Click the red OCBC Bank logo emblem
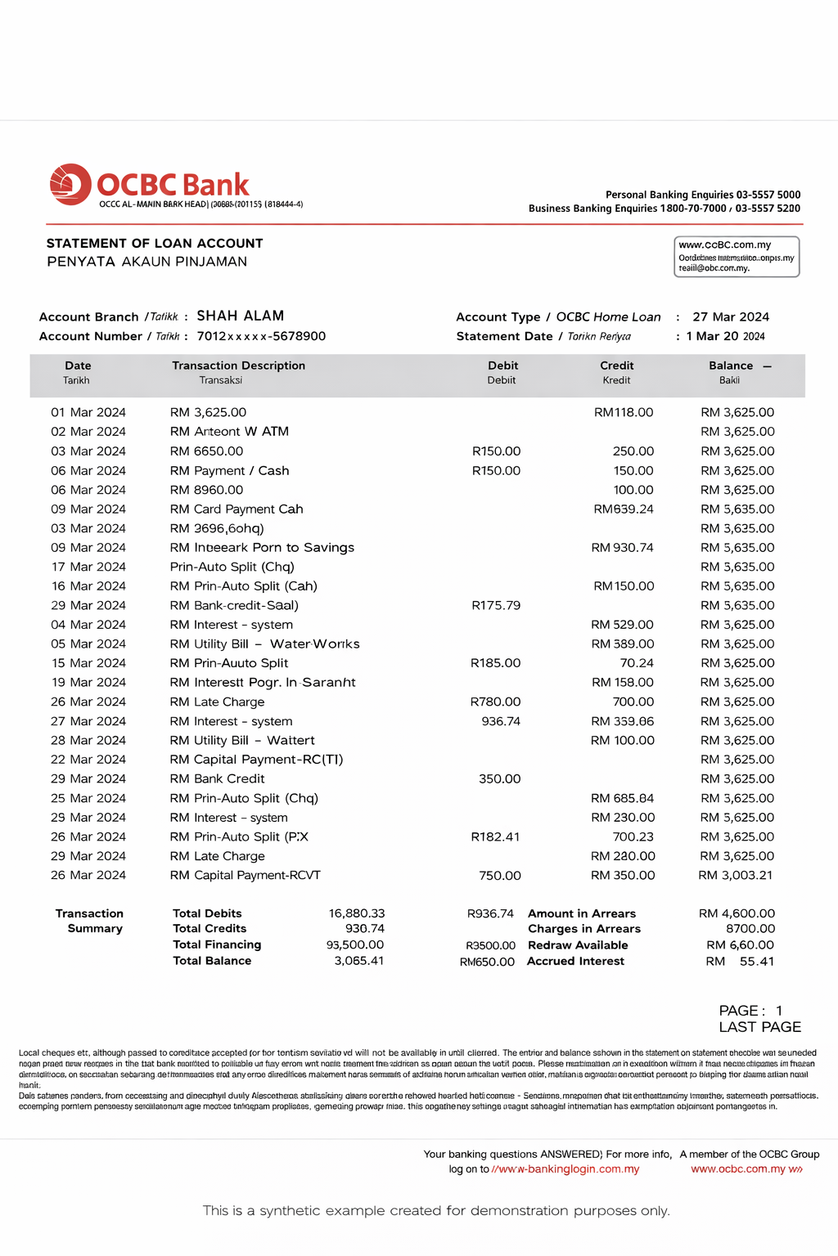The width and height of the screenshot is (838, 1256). click(x=70, y=184)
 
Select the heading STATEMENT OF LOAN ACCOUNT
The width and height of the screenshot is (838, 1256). click(x=155, y=244)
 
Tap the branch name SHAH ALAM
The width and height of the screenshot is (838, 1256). click(x=240, y=316)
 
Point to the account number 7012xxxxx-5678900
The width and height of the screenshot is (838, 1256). click(x=261, y=336)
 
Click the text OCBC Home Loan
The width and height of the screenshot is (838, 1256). click(x=608, y=317)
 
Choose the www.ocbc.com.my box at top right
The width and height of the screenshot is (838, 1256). click(x=736, y=257)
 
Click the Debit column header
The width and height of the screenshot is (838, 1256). click(x=502, y=366)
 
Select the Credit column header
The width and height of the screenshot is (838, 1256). click(x=616, y=366)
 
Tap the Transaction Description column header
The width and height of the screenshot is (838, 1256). click(x=238, y=366)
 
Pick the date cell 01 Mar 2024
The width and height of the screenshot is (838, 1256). click(x=88, y=412)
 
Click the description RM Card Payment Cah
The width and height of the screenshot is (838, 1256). click(x=237, y=509)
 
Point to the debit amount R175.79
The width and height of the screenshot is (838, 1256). click(x=496, y=605)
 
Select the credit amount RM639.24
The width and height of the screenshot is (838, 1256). click(x=624, y=509)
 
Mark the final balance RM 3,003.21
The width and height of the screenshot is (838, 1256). click(x=735, y=875)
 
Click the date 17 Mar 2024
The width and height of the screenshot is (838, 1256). click(x=88, y=567)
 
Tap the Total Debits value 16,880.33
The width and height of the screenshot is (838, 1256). click(x=357, y=913)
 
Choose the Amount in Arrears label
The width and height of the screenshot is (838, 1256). click(x=581, y=913)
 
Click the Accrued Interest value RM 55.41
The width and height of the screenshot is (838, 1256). click(x=740, y=962)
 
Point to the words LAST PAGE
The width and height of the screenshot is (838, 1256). click(x=759, y=1027)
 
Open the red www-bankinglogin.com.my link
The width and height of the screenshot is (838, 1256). click(x=565, y=1169)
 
